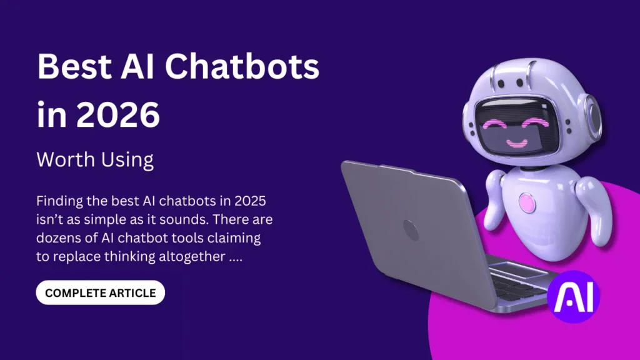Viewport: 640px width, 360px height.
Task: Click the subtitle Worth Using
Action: coord(95,160)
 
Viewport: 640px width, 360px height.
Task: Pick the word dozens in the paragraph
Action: coord(59,238)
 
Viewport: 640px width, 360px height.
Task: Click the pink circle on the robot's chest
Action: coord(527,202)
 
